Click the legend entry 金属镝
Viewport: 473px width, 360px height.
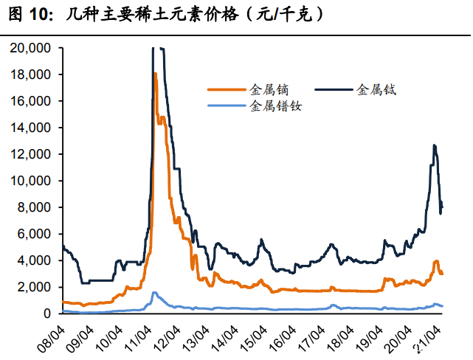[268, 89]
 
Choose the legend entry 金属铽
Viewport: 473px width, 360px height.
[376, 89]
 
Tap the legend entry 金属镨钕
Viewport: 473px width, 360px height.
[276, 106]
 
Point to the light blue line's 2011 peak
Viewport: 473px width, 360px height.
[153, 293]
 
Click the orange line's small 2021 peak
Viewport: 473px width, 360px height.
[436, 261]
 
